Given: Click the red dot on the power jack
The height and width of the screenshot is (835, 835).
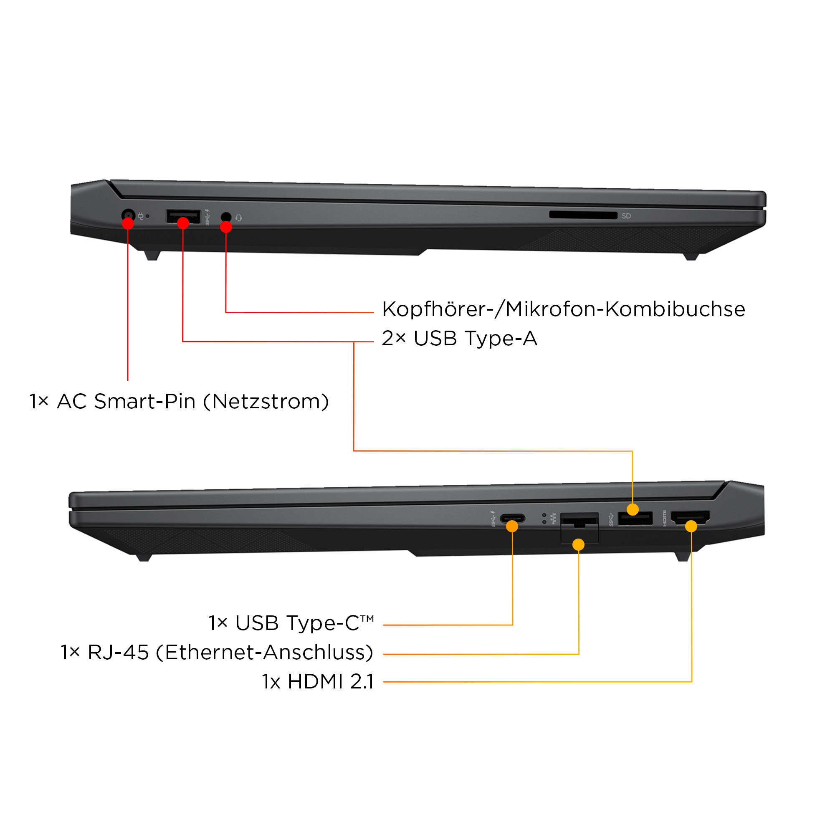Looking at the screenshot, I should pos(128,223).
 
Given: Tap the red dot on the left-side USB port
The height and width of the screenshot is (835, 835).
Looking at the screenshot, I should pos(183,223).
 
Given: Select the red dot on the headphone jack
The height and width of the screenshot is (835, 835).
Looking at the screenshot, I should pos(226,227).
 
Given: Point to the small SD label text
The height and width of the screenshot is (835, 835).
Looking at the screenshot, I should pos(626,216).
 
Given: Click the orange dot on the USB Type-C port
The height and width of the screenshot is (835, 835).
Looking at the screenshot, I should pos(512,526).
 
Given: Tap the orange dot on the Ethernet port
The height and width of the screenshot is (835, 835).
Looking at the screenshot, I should pos(578,544).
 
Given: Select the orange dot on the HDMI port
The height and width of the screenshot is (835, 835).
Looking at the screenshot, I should pos(691,526).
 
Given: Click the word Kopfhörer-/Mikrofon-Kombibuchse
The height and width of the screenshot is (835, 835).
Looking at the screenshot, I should pos(564,309).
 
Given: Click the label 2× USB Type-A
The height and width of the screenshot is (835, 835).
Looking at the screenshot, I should pos(459,339).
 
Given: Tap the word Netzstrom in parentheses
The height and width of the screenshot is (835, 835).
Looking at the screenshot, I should pos(266,402).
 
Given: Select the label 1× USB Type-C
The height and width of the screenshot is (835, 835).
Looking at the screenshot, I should pos(291,623).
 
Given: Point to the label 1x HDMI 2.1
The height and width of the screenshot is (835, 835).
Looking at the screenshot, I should pos(318,682).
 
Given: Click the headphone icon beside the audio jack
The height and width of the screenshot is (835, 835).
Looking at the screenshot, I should pos(239,218).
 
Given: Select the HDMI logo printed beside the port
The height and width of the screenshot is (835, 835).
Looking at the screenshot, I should pos(665,519).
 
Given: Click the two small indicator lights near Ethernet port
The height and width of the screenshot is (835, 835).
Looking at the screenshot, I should pos(544,519).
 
